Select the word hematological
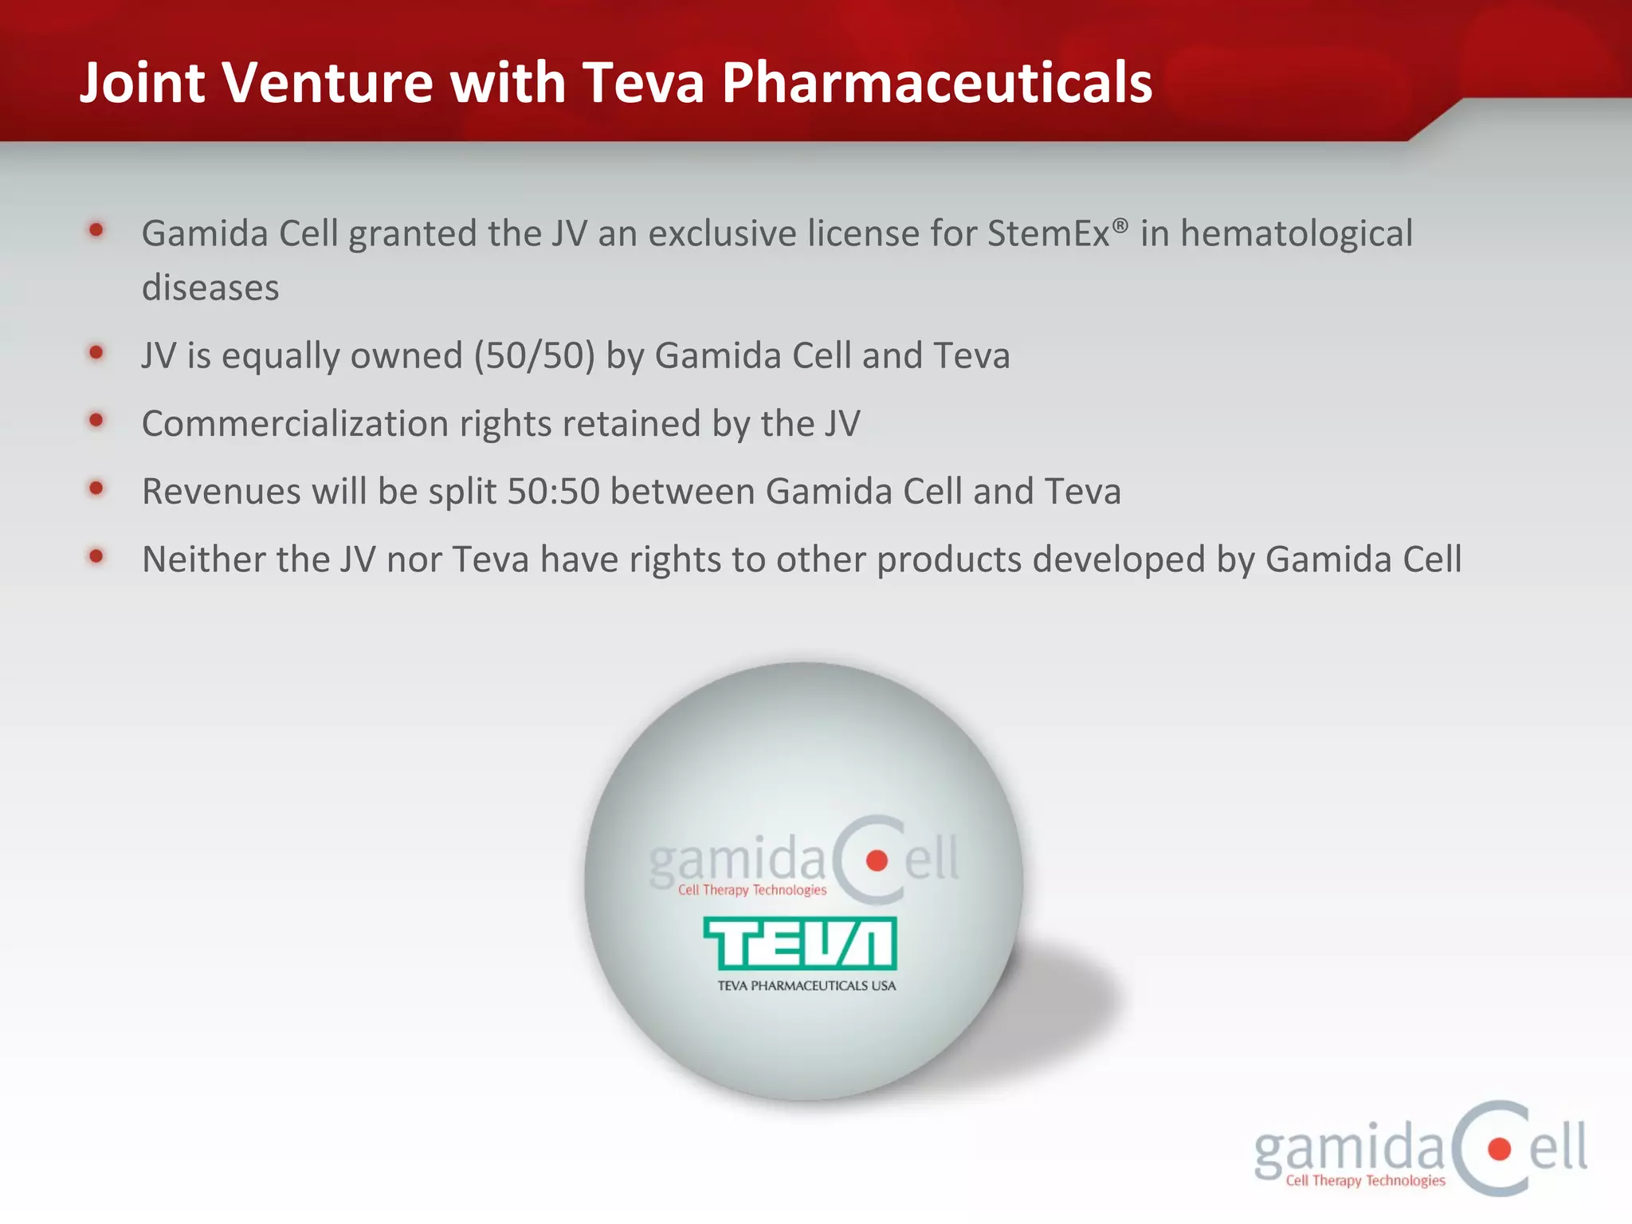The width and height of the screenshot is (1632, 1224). point(1296,234)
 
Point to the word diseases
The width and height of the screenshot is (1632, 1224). point(210,288)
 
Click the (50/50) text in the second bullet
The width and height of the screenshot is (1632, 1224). point(534,356)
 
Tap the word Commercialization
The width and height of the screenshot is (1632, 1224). point(295,424)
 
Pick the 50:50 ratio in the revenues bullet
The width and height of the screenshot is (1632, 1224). point(553,492)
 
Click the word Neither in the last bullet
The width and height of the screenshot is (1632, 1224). point(203,559)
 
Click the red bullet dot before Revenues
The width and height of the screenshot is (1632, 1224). point(96,488)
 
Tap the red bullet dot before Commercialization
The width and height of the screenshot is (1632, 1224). point(96,420)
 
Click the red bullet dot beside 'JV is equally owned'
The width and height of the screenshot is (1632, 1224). point(96,352)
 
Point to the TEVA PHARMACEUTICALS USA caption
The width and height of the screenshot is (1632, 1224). point(806,986)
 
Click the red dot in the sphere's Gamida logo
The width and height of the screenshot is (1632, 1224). point(877,861)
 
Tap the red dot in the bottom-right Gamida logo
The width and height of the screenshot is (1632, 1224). point(1499,1149)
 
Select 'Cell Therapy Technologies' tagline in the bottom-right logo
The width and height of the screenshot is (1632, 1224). point(1365,1181)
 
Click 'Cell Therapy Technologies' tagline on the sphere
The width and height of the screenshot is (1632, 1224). point(752,890)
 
